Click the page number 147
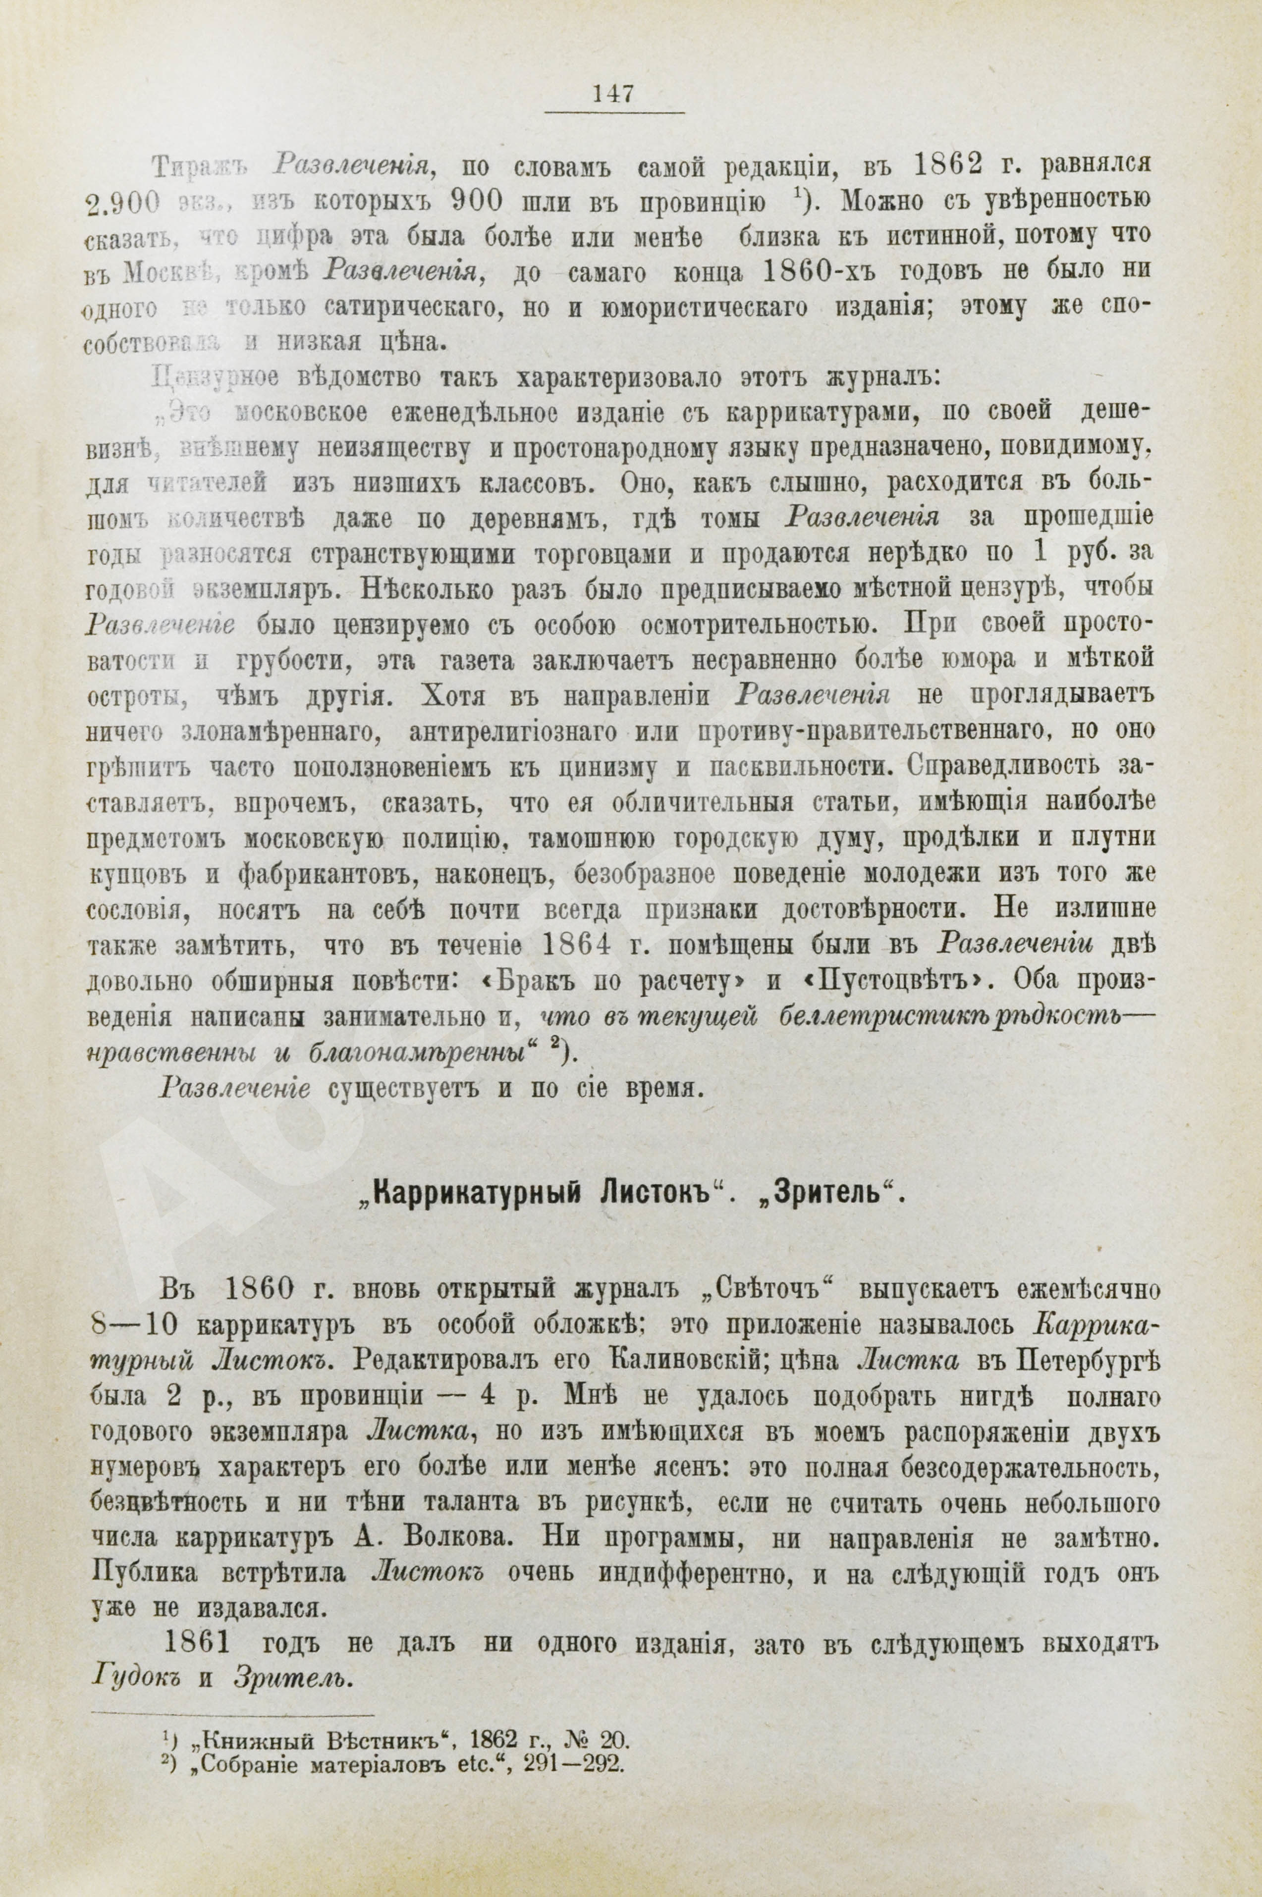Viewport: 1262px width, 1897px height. [614, 94]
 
